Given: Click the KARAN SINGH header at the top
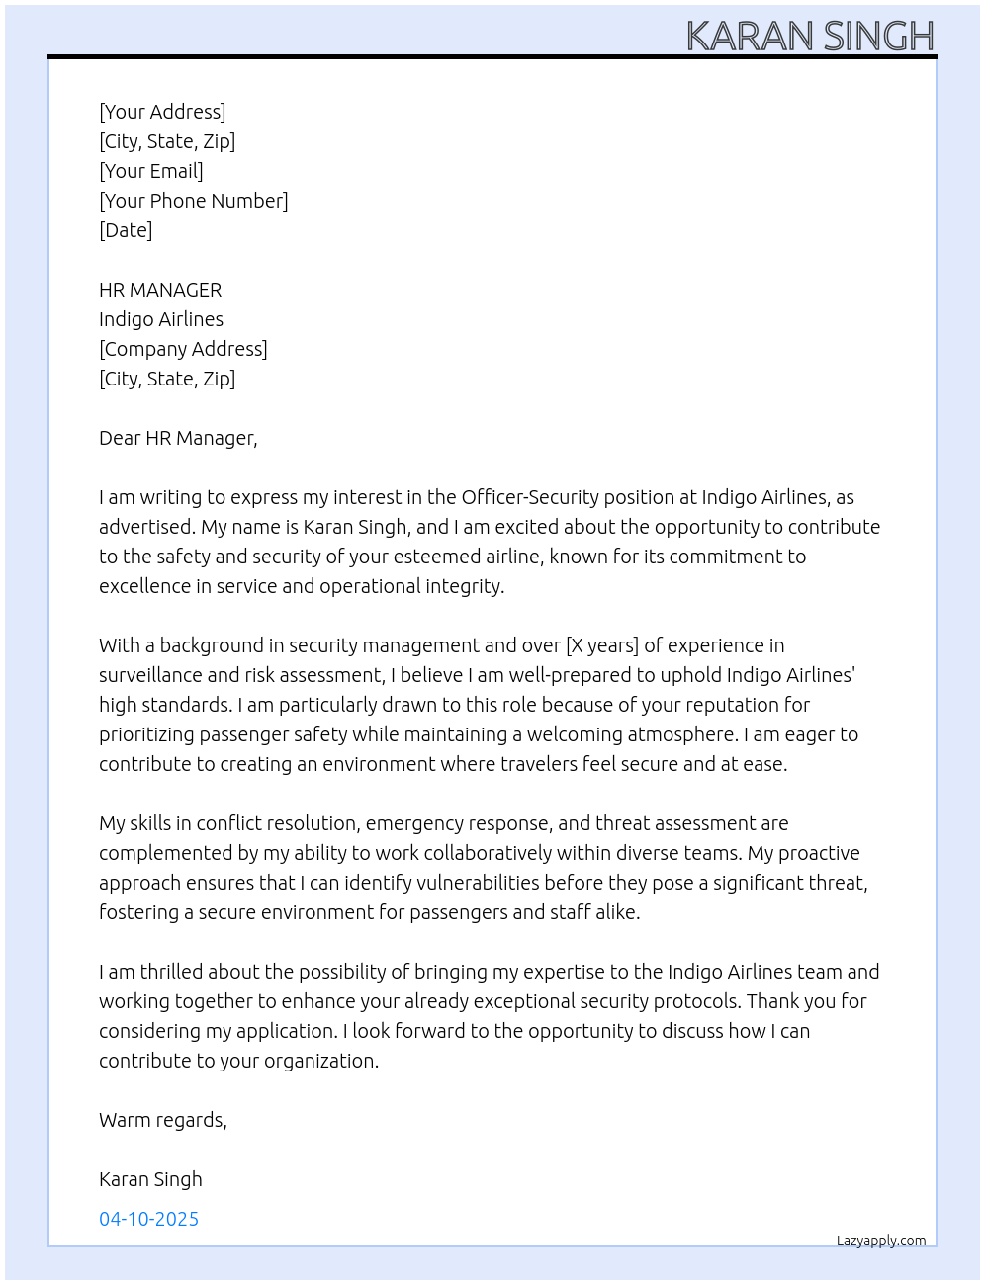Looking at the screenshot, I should pyautogui.click(x=810, y=37).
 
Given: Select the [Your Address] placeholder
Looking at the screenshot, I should pyautogui.click(x=162, y=112).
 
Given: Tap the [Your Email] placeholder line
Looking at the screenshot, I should pyautogui.click(x=151, y=171).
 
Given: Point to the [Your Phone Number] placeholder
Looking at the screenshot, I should pyautogui.click(x=194, y=201).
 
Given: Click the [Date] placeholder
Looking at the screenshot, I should pyautogui.click(x=126, y=230).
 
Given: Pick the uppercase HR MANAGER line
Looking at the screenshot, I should pyautogui.click(x=160, y=290).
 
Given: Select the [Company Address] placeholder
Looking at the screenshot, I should pyautogui.click(x=183, y=349).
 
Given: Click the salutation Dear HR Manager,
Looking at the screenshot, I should pyautogui.click(x=178, y=438).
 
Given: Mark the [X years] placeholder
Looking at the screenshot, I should pyautogui.click(x=602, y=645).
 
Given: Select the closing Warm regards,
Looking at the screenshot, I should pyautogui.click(x=163, y=1120).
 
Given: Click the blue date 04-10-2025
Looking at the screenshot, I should pyautogui.click(x=148, y=1219).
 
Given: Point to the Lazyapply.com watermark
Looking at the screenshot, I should pyautogui.click(x=881, y=1241).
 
